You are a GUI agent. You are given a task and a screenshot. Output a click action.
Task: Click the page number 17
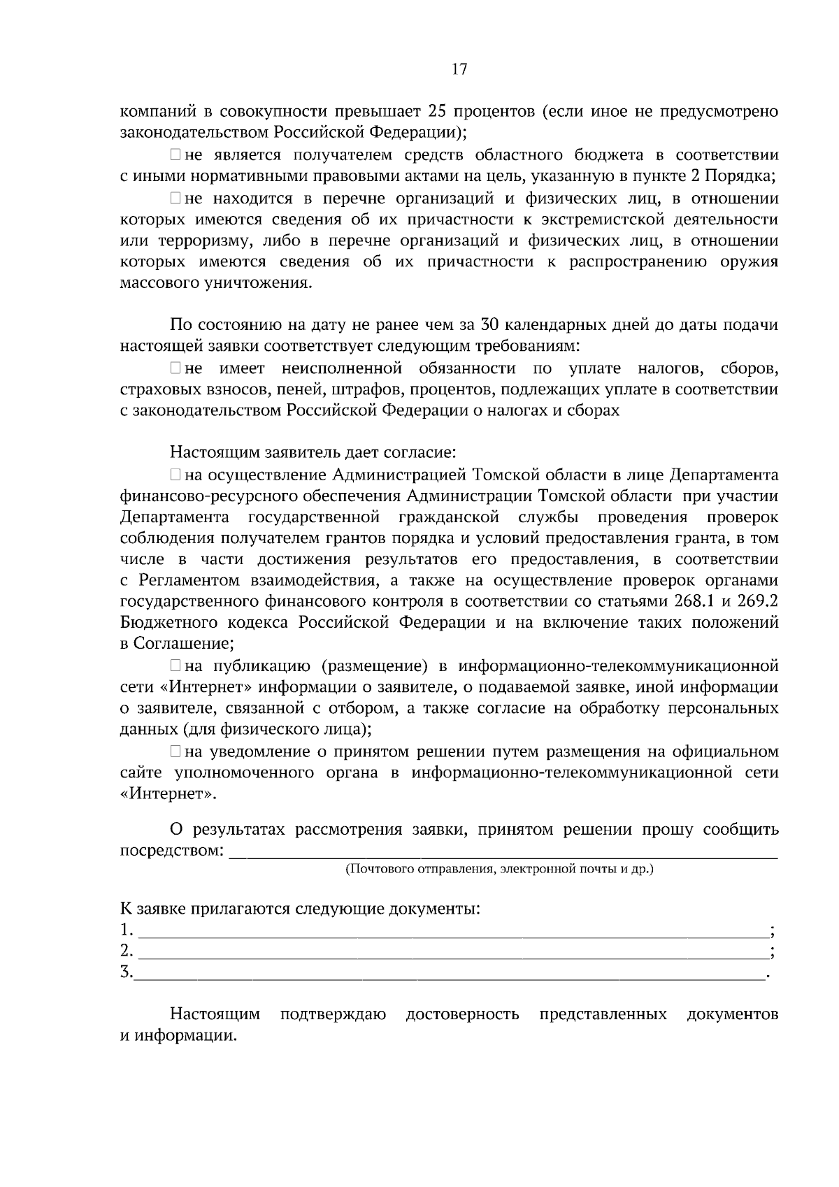pos(459,69)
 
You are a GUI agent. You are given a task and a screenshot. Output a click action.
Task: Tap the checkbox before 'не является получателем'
pos(175,154)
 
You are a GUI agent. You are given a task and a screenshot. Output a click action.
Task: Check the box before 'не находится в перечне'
pos(175,199)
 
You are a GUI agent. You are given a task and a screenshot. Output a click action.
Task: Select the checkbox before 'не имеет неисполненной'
pos(175,368)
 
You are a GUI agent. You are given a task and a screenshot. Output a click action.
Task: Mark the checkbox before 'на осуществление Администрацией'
pos(175,476)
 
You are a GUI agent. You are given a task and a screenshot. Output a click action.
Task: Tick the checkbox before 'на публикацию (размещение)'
pos(175,666)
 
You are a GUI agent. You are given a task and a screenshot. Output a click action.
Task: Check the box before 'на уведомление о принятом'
pos(175,752)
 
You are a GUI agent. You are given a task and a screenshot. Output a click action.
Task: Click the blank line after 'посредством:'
pos(503,853)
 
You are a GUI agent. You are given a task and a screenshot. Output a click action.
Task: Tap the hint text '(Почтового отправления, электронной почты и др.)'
pos(499,870)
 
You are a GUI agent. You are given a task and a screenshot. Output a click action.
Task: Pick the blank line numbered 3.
pos(451,974)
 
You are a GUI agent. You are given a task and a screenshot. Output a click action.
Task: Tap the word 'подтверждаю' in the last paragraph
pos(333,1014)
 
